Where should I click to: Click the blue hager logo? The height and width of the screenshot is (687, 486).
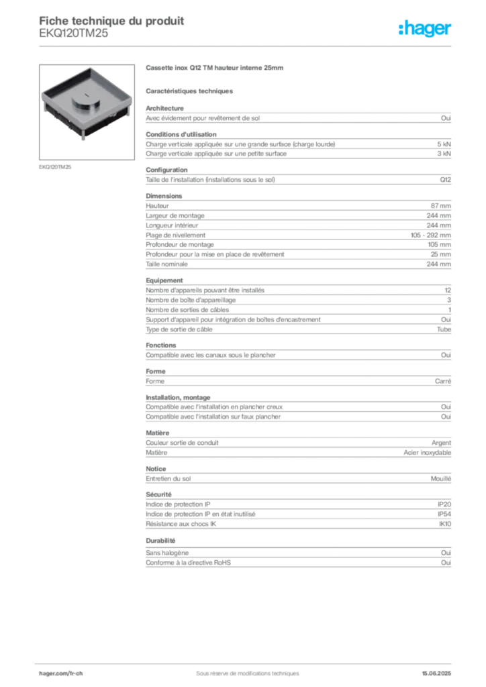[426, 30]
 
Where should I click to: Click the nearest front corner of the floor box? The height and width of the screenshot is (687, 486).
[85, 139]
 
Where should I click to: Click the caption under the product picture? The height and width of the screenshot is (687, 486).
[56, 166]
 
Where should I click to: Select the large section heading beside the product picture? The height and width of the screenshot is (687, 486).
[215, 69]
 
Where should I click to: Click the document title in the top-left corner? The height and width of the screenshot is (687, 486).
[111, 19]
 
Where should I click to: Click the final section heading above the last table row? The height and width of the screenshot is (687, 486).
[161, 540]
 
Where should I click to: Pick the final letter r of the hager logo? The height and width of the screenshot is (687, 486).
[451, 30]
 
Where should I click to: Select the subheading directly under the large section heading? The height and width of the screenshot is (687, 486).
[190, 91]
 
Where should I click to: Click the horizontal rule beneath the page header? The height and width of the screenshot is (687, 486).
[247, 46]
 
